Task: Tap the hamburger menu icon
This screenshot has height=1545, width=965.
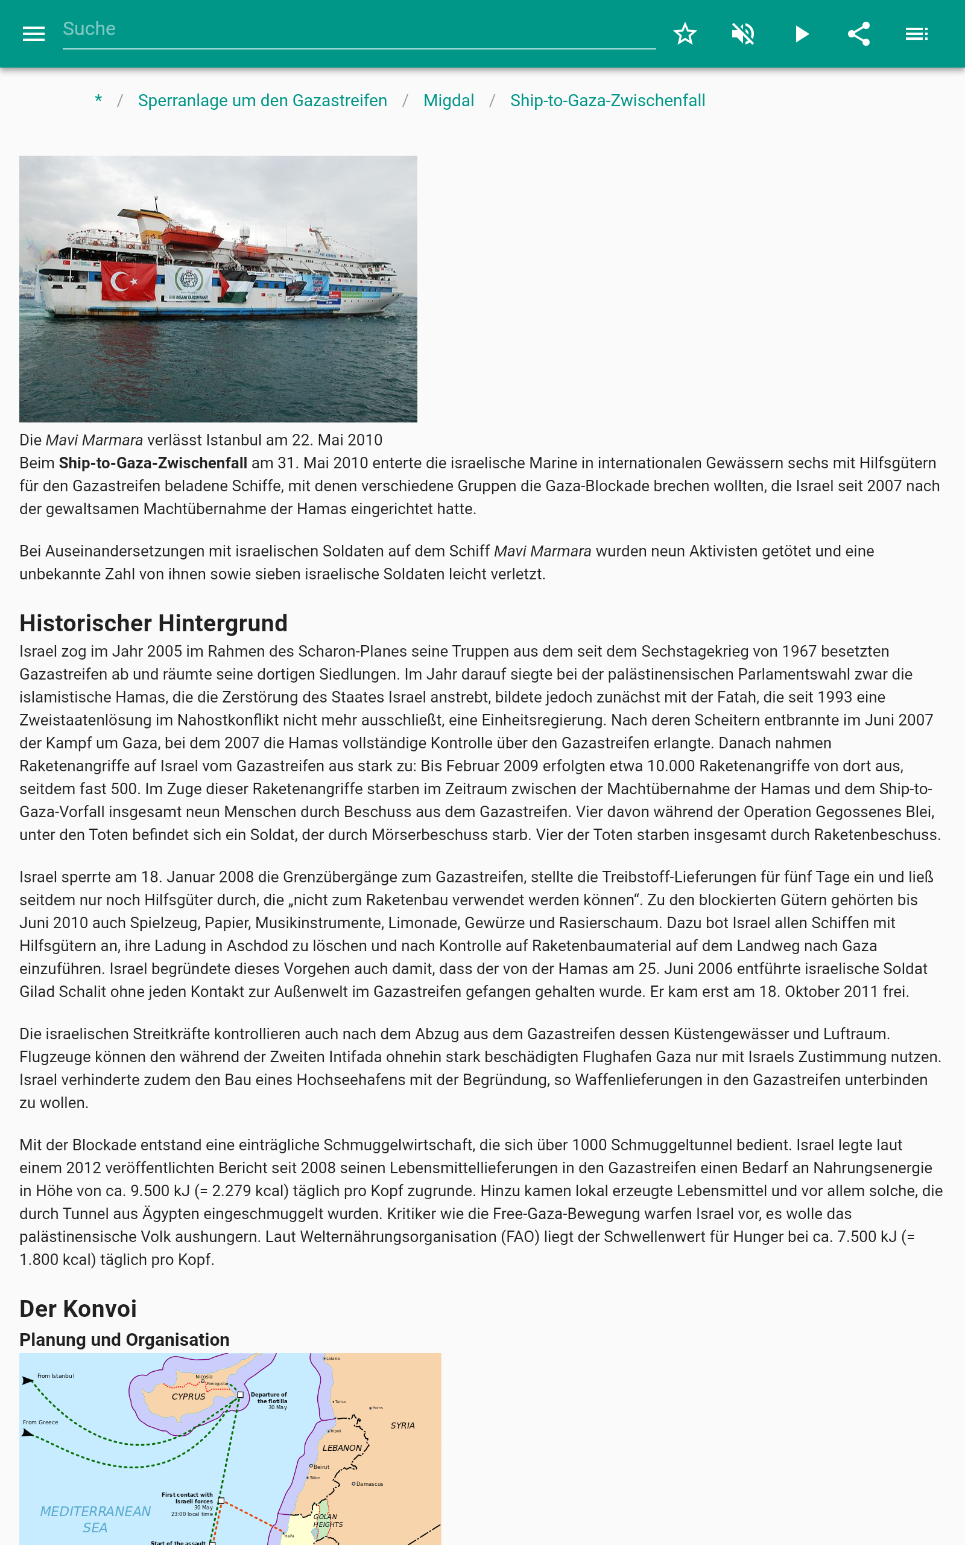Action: pos(33,34)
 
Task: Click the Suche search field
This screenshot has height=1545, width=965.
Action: pos(358,30)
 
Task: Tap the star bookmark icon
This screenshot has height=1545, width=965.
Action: pos(685,34)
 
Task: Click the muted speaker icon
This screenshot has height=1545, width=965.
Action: pos(743,34)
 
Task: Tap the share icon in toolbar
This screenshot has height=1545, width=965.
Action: pos(858,34)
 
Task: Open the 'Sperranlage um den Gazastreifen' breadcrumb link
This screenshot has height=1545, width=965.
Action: pos(262,101)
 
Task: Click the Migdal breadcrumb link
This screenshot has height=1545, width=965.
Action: pos(449,101)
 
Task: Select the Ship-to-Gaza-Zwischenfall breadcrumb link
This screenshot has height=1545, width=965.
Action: pos(607,101)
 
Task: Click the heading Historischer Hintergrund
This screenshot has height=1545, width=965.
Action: pos(153,623)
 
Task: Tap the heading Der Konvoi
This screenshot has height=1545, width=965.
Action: pos(78,1309)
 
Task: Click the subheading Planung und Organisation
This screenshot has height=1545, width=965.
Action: pos(124,1339)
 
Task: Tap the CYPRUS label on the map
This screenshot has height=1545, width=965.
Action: pos(188,1397)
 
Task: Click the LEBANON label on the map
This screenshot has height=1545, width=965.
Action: pos(342,1448)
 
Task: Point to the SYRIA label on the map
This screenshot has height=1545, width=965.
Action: pos(403,1425)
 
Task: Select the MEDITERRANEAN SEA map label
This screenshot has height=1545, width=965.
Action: pos(95,1520)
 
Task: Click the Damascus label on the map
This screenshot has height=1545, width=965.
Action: pos(369,1483)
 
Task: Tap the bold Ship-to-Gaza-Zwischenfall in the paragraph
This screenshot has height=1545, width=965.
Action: pos(153,463)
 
